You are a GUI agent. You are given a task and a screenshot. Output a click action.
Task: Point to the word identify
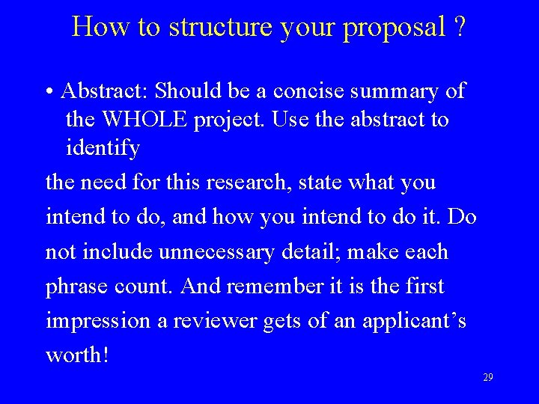103,147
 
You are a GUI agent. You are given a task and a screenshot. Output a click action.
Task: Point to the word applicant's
415,322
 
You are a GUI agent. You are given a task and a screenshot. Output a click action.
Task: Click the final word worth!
77,355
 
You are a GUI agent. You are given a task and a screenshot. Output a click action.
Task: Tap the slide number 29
487,378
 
